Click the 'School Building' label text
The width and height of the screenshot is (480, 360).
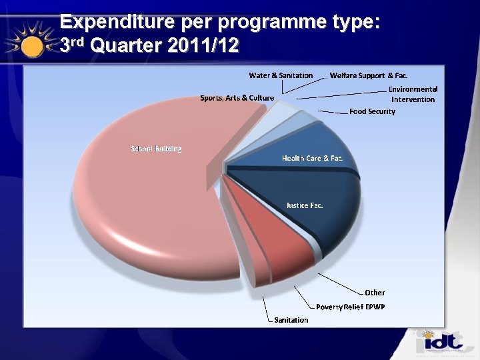click(x=156, y=148)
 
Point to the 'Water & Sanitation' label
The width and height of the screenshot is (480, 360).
click(x=281, y=75)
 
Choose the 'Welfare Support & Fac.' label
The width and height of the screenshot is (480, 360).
click(x=369, y=75)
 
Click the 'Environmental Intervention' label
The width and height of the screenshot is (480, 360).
click(x=413, y=94)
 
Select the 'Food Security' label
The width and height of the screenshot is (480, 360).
click(x=372, y=111)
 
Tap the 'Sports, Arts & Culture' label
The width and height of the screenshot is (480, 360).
click(x=237, y=98)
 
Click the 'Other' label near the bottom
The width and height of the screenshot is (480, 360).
click(x=375, y=292)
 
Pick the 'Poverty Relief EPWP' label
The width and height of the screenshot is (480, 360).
click(x=350, y=307)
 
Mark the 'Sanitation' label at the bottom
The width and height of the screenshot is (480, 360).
click(x=291, y=320)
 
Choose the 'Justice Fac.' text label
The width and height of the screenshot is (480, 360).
click(x=305, y=205)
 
